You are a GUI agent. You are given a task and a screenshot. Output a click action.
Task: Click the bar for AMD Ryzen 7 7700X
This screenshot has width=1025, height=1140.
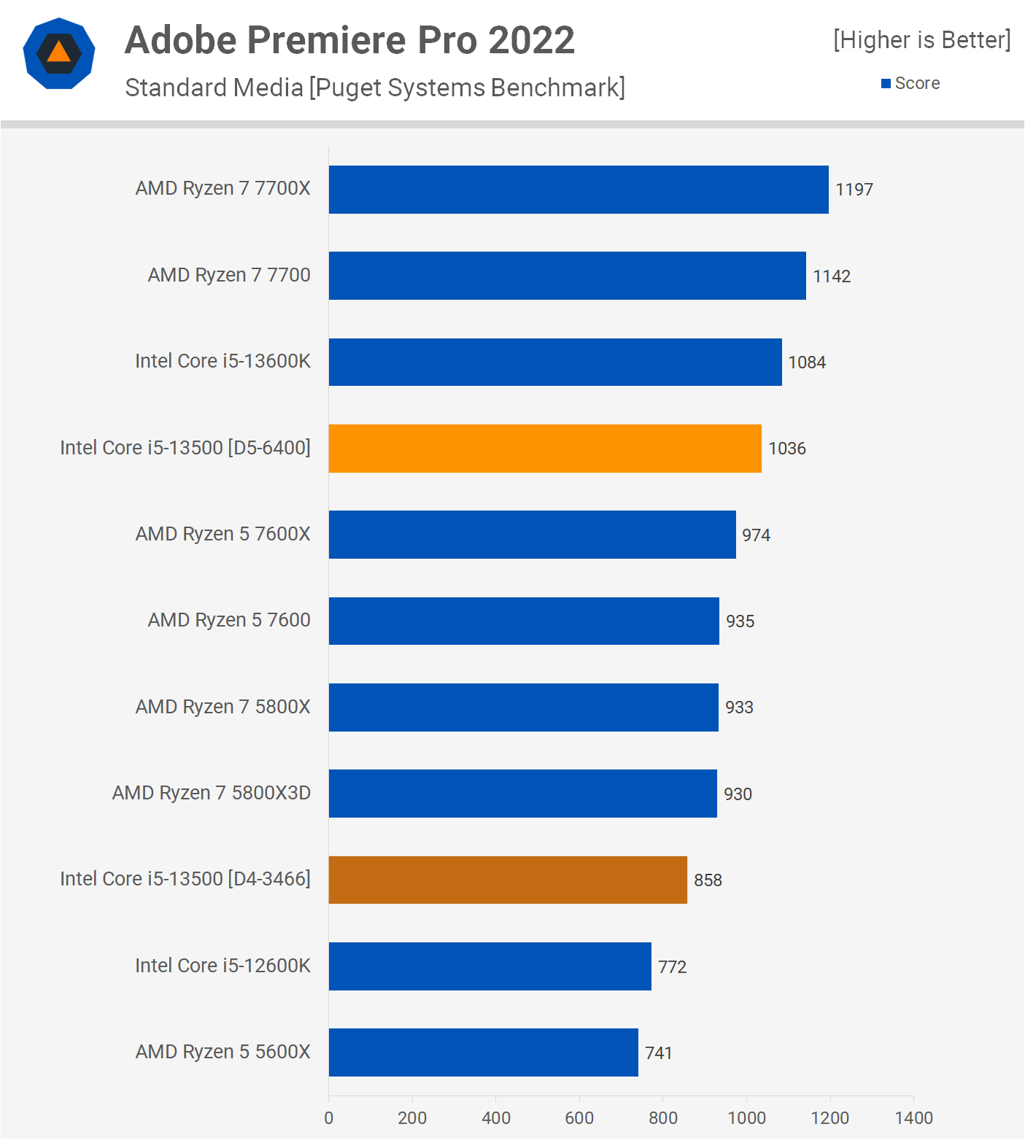579,190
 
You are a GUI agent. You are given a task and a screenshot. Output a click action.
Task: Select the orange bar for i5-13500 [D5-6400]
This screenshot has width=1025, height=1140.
545,449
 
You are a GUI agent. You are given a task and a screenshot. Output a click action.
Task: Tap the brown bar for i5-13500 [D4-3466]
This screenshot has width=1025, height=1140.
508,880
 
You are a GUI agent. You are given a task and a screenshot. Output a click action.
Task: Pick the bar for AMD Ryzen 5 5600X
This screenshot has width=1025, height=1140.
483,1052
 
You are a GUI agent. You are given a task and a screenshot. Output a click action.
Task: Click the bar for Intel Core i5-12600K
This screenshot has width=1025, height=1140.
490,966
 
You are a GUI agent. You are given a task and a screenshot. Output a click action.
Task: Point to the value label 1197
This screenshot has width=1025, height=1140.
854,190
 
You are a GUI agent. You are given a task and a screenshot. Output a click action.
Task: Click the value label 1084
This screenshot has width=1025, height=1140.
807,362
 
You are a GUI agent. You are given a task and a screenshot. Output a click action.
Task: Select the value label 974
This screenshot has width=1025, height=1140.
756,535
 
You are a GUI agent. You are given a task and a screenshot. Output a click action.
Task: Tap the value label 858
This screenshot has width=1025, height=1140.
708,880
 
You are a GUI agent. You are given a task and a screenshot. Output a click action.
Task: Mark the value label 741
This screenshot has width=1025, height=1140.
658,1053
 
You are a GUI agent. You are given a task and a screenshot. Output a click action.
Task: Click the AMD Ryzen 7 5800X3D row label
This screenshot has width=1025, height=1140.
212,793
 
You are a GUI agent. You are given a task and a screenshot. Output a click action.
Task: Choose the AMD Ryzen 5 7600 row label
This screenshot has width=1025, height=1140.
229,620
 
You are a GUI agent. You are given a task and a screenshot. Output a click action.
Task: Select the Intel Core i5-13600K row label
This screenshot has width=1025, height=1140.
223,361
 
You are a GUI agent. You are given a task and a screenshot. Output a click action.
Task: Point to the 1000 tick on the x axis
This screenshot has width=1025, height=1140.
746,1117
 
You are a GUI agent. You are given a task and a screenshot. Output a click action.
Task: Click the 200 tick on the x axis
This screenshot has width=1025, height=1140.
412,1117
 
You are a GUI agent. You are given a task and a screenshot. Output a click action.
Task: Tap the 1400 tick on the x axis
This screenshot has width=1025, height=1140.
913,1117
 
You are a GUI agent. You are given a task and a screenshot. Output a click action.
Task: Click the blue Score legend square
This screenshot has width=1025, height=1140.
886,84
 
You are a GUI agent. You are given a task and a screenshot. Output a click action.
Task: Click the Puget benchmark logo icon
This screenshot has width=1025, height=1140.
59,53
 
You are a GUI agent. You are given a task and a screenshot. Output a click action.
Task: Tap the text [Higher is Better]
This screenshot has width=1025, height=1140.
921,39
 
